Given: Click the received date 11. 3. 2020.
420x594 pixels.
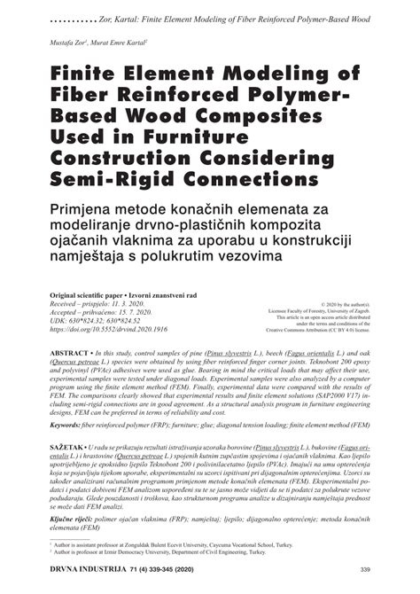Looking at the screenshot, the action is point(126,302).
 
